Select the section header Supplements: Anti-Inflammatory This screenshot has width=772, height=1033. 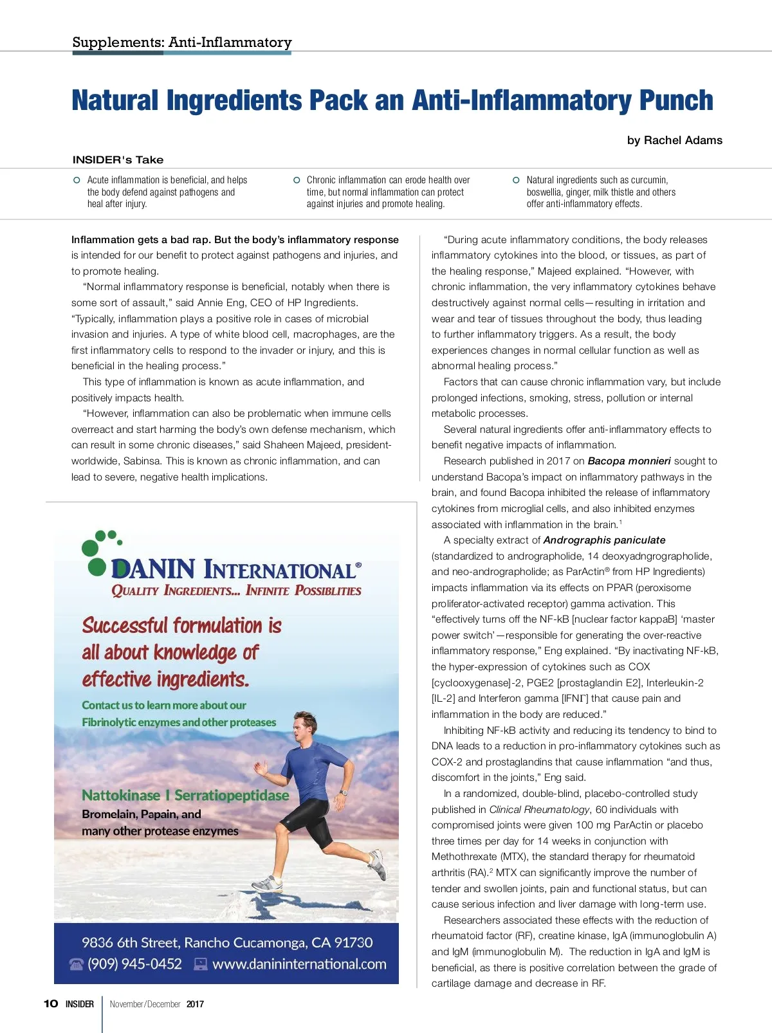(182, 42)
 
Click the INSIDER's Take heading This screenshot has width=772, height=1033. (118, 160)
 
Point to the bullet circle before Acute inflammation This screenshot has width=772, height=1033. (77, 180)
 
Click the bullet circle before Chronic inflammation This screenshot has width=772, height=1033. (297, 180)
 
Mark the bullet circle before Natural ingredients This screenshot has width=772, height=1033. (516, 180)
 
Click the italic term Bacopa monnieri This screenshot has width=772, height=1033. (629, 461)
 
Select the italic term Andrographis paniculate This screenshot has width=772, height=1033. (604, 540)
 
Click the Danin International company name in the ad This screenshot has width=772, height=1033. (235, 569)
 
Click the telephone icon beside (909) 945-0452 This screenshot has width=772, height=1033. (77, 964)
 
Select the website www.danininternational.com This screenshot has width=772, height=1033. (299, 964)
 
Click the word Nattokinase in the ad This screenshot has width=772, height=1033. (120, 796)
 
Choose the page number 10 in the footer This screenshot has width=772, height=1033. (51, 1004)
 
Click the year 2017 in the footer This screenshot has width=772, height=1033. (195, 1004)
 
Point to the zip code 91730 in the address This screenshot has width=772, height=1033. (353, 943)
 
